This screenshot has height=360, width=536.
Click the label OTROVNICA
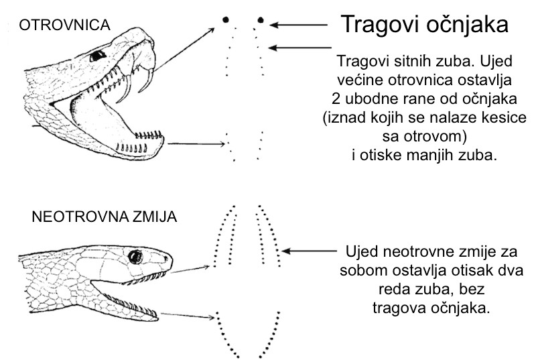64,25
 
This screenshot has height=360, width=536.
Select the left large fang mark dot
225,19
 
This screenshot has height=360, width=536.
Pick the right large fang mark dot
261,20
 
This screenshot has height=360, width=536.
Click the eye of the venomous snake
98,56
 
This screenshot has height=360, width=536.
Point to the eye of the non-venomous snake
135,257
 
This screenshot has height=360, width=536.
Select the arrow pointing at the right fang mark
298,25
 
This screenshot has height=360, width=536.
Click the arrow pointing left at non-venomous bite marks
310,251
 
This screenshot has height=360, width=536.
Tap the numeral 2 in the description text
336,99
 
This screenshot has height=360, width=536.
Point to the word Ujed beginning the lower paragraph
362,251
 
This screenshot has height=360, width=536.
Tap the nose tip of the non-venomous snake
171,259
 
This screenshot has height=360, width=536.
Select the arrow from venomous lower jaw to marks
196,144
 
